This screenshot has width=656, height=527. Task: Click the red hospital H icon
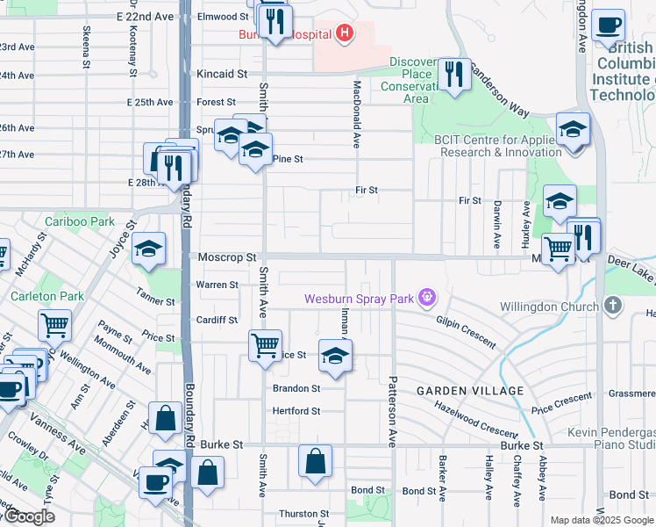[x=346, y=34]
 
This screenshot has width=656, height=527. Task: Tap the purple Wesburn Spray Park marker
[x=427, y=299]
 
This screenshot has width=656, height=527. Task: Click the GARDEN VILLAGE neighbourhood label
[x=470, y=390]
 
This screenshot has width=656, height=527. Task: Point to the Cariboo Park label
[x=82, y=222]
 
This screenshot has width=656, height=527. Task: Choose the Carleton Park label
[x=47, y=296]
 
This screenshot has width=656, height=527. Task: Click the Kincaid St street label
[x=223, y=74]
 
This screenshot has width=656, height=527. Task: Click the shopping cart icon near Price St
[x=264, y=344]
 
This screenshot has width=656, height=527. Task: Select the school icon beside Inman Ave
[x=333, y=356]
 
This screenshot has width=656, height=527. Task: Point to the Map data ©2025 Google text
[x=602, y=520]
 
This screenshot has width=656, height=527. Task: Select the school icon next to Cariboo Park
[x=149, y=249]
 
